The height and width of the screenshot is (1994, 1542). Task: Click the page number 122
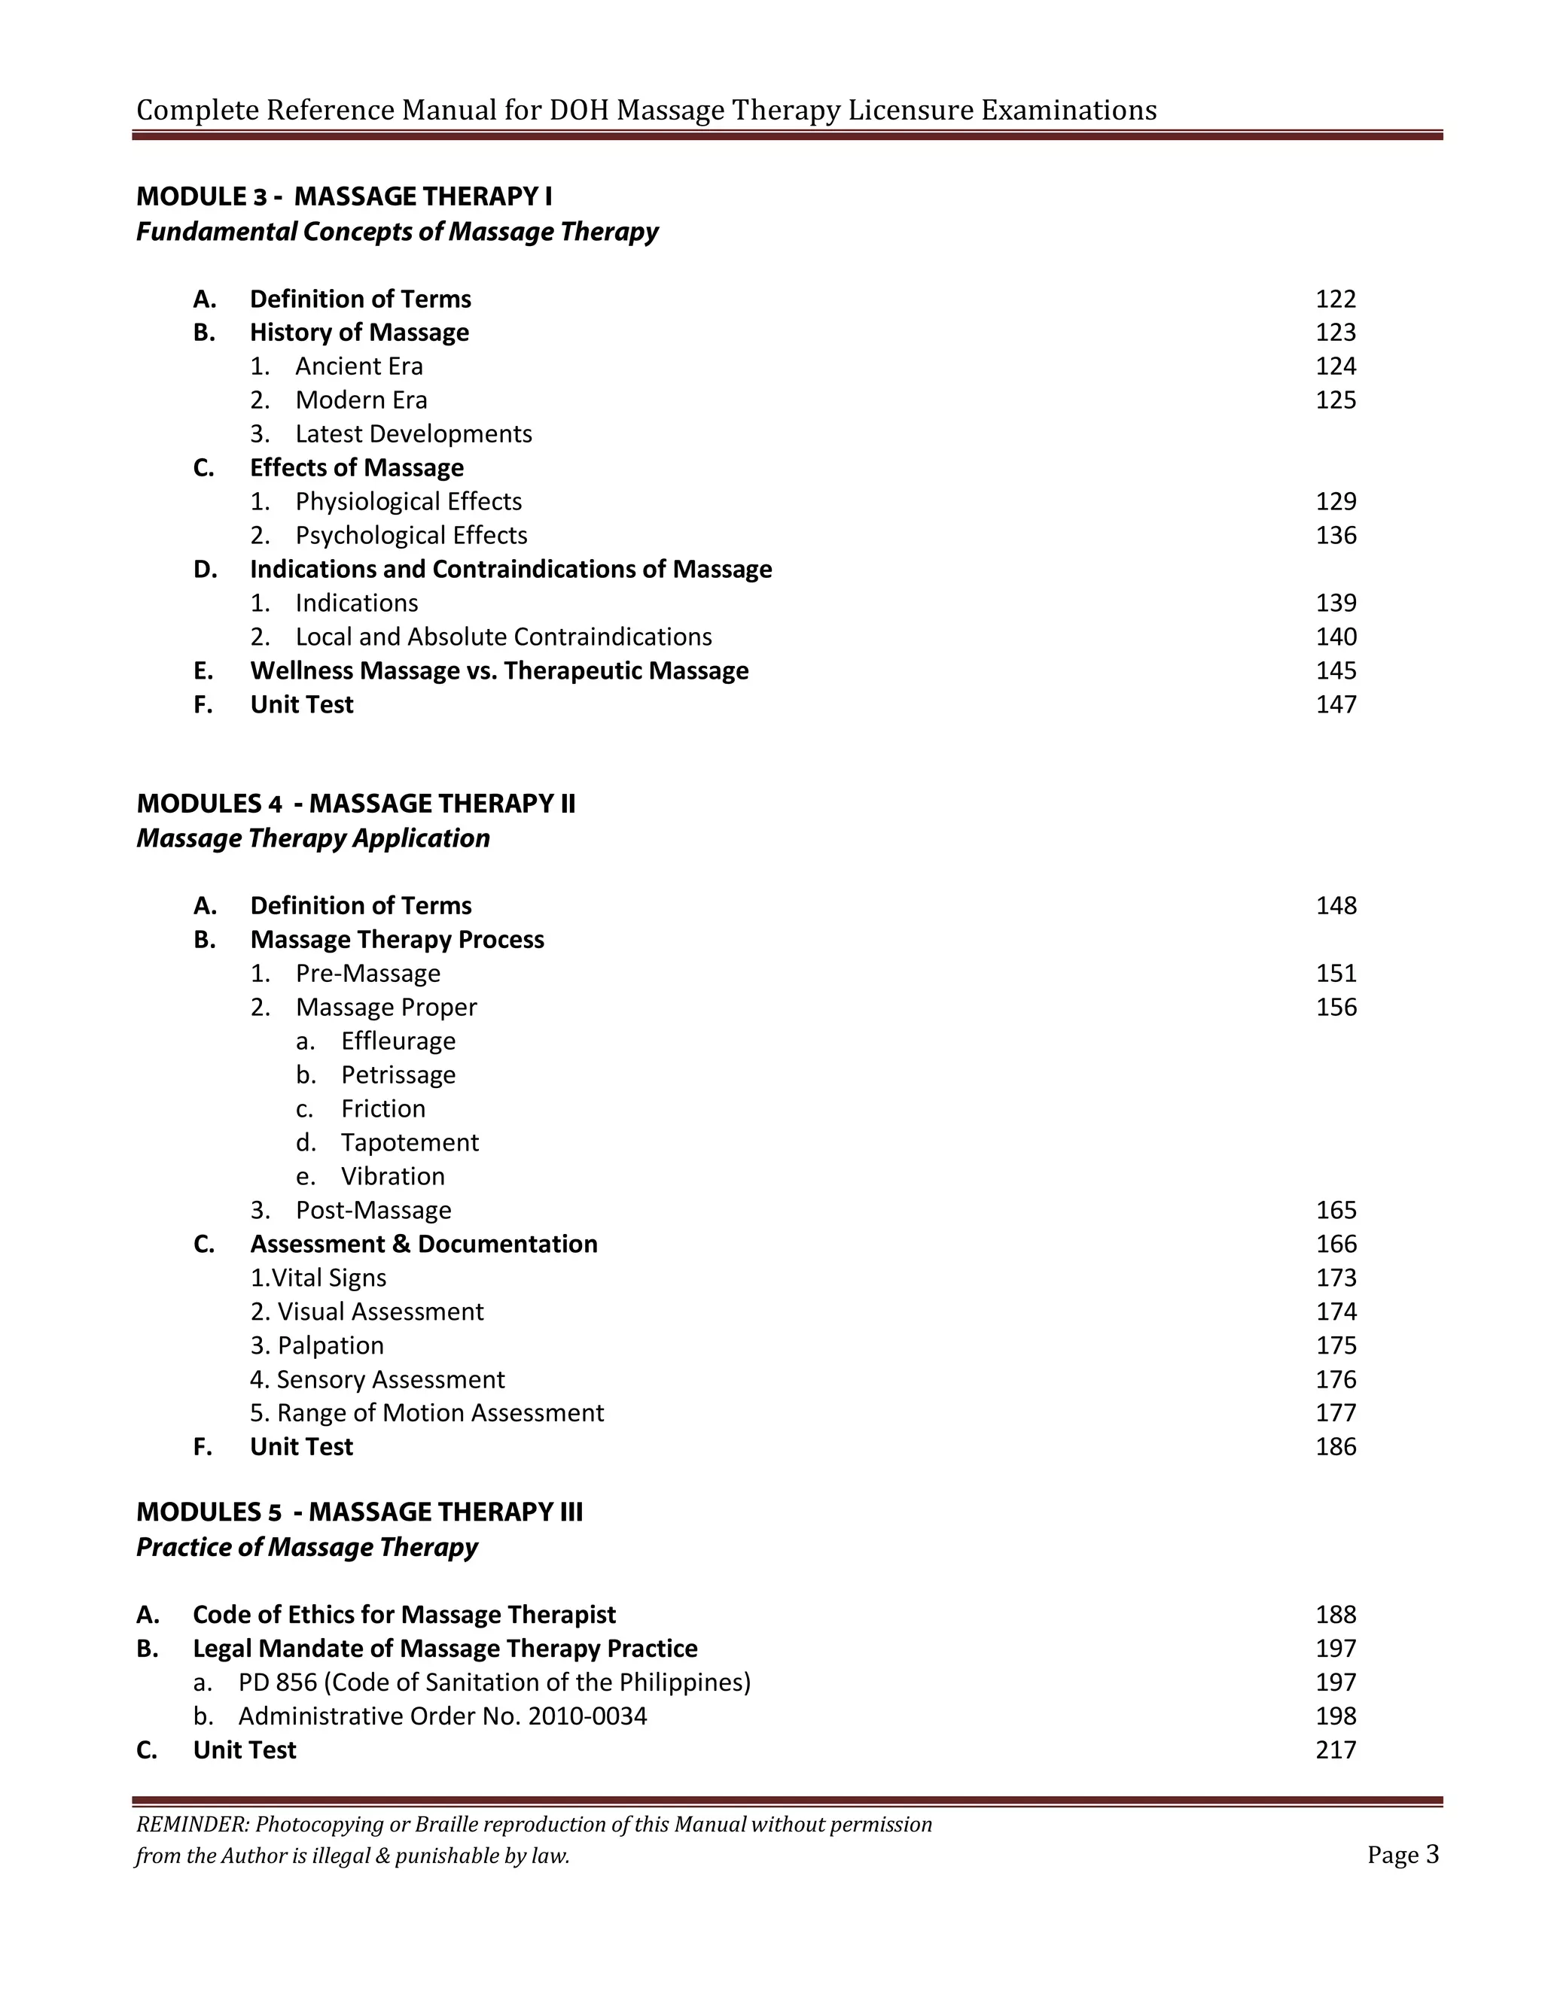[1336, 299]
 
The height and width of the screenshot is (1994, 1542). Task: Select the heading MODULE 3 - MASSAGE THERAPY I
[344, 196]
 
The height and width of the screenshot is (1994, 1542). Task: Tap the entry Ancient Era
[359, 366]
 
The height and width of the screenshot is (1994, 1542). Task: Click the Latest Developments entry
[413, 433]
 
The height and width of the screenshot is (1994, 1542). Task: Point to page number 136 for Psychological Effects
[1336, 535]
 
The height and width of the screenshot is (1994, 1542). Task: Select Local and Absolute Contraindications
[504, 637]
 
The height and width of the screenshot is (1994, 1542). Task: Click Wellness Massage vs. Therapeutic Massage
[498, 670]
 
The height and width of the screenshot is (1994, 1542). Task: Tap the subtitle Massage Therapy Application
[313, 838]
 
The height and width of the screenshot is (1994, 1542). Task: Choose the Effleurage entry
[398, 1041]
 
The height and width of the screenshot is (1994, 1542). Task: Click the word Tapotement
[410, 1142]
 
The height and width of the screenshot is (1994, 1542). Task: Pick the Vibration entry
[393, 1176]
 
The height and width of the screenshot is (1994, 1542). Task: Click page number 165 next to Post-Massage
[1336, 1210]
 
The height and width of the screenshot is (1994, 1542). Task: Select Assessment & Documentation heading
[424, 1244]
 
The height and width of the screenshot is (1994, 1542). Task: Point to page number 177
[1336, 1412]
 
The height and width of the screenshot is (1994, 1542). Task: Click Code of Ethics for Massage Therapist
[404, 1614]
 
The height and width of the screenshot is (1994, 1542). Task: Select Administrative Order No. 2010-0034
[442, 1716]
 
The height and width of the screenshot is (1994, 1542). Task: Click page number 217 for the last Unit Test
[1336, 1749]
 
